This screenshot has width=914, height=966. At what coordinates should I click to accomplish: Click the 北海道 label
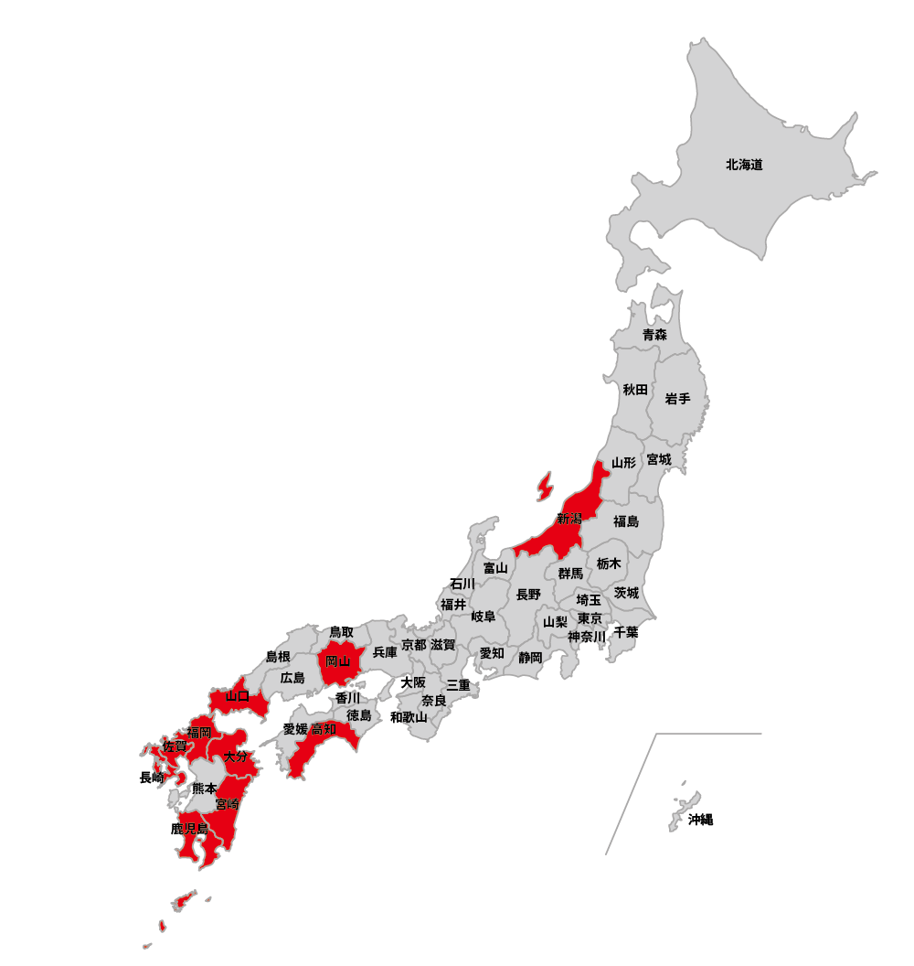744,166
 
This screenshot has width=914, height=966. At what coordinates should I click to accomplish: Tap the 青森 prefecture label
654,335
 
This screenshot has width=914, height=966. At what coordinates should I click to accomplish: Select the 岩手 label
677,399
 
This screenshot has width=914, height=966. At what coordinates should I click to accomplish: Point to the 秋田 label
635,390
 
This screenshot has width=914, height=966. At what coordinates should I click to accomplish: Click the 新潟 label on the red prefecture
569,520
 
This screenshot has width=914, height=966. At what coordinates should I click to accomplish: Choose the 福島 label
626,521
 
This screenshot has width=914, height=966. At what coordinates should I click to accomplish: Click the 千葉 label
626,632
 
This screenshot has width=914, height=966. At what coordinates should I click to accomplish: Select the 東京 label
590,618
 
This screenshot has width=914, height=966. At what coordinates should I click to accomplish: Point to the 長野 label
528,595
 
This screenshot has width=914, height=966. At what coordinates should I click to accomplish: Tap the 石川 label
462,584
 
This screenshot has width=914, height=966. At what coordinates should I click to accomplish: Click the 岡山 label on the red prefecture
338,660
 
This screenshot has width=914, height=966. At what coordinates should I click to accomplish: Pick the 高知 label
324,729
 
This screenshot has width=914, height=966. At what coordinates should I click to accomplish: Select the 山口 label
238,696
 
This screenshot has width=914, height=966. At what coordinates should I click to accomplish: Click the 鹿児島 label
190,829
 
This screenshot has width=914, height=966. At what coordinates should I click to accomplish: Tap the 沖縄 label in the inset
700,820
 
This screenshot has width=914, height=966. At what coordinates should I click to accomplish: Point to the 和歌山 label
409,717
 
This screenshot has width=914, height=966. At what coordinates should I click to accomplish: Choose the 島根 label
278,657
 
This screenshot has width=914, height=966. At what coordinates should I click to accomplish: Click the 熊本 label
205,789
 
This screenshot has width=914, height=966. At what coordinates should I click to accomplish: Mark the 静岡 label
530,657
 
